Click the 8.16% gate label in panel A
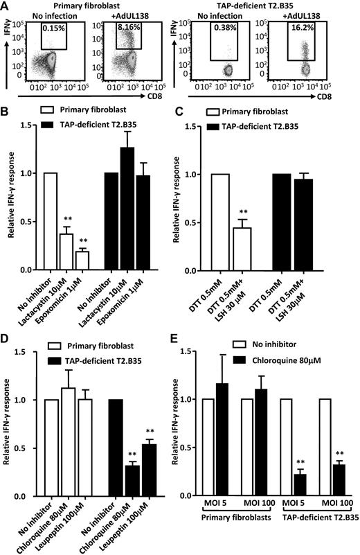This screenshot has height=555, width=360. click(124, 30)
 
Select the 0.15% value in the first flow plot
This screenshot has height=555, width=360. click(53, 30)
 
